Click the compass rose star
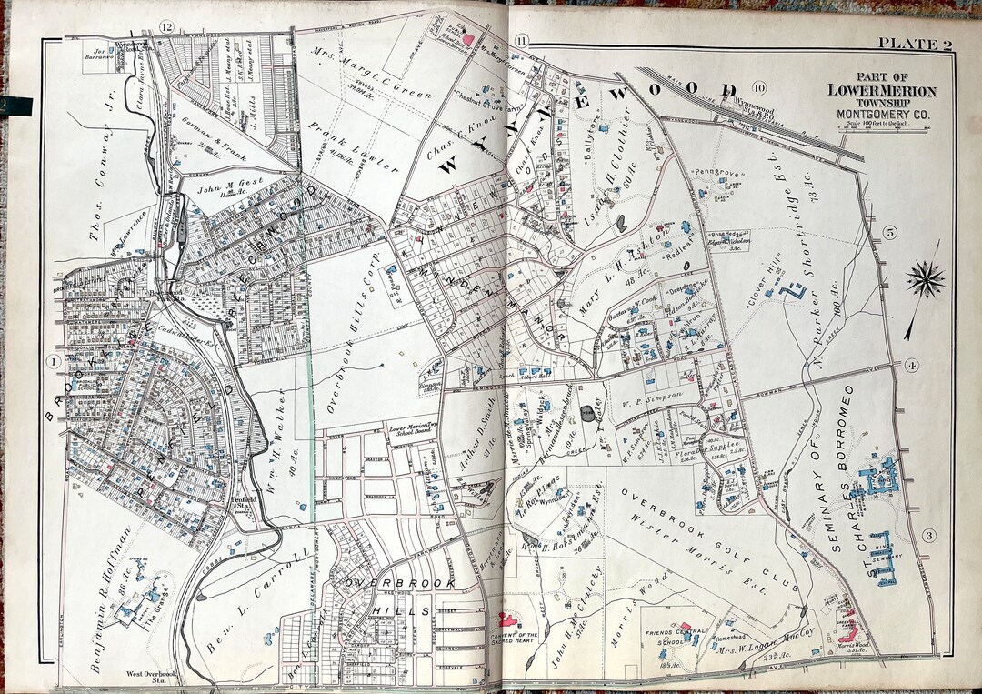click(926, 277)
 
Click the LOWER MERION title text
click(881, 90)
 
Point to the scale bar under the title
click(879, 131)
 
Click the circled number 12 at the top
click(165, 26)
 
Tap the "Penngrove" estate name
click(712, 170)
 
